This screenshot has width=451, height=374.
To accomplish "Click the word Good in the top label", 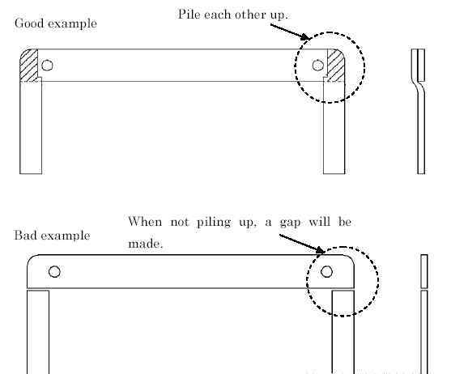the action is pyautogui.click(x=29, y=23).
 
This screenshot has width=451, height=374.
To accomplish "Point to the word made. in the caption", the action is pyautogui.click(x=146, y=244).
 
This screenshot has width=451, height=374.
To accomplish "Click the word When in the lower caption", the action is pyautogui.click(x=145, y=222).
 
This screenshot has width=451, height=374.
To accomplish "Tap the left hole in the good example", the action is pyautogui.click(x=47, y=66).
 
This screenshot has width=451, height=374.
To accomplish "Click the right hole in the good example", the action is pyautogui.click(x=318, y=66).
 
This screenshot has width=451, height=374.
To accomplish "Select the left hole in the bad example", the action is pyautogui.click(x=54, y=272).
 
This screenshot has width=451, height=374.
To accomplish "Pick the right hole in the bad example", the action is pyautogui.click(x=326, y=272).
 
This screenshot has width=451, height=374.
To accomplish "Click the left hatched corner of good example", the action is pyautogui.click(x=29, y=66).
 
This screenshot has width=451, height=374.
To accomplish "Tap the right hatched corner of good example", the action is pyautogui.click(x=336, y=66).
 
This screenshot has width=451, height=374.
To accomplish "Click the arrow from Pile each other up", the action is pyautogui.click(x=291, y=32).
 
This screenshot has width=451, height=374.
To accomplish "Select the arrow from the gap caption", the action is pyautogui.click(x=302, y=244).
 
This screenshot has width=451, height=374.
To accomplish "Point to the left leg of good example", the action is pyautogui.click(x=31, y=125).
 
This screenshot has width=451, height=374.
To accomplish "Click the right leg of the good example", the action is pyautogui.click(x=334, y=125).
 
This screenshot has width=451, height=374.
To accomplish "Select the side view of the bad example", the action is pyautogui.click(x=424, y=314).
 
